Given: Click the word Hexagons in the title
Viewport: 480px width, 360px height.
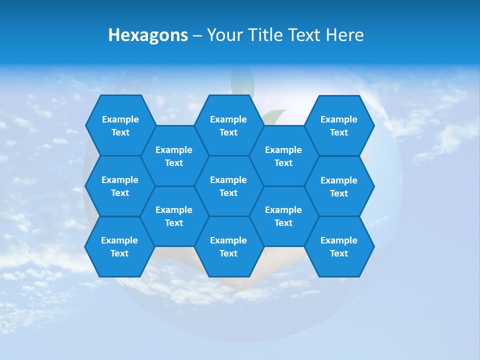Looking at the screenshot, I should click(148, 35).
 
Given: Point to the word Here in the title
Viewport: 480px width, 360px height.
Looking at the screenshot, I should click(344, 35).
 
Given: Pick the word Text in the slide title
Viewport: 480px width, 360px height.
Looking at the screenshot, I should click(306, 35).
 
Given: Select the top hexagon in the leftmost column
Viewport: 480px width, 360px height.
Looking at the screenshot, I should click(120, 125).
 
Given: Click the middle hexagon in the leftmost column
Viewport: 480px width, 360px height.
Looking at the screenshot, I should click(120, 186).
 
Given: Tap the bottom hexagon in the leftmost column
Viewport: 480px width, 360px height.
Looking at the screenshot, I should click(119, 246).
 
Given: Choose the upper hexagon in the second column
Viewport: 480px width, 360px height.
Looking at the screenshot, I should click(174, 156).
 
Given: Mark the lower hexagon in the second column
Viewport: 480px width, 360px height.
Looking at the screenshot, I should click(174, 216).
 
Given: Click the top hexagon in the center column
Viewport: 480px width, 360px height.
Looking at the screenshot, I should click(228, 125).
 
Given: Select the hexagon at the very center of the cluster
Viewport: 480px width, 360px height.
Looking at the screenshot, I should click(228, 186).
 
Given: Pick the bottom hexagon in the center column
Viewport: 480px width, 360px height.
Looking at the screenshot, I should click(228, 246).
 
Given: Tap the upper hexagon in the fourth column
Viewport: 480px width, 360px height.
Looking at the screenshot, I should click(283, 156).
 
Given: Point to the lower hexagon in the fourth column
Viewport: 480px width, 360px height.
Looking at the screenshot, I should click(283, 216).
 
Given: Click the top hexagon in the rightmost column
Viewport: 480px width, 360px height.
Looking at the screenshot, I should click(339, 125).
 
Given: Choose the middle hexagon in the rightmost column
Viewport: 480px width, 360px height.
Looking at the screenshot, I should click(339, 186).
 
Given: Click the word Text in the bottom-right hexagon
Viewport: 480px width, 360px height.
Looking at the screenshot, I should click(339, 253).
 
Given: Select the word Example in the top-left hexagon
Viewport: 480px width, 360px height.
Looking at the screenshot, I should click(120, 119).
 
